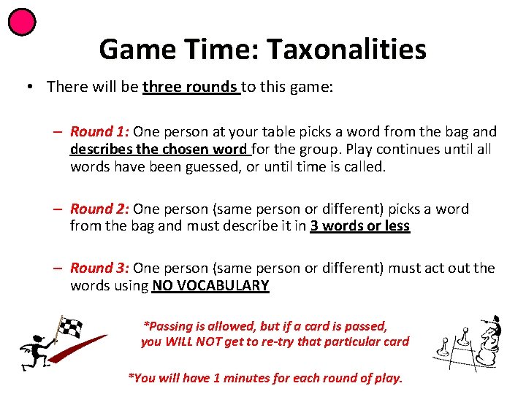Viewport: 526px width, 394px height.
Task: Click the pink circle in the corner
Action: tap(22, 22)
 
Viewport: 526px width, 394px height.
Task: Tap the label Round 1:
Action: tap(99, 132)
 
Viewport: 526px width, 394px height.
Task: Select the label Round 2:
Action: tap(99, 209)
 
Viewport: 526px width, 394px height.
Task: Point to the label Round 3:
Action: tap(99, 269)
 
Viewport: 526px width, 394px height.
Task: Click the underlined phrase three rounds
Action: tap(191, 88)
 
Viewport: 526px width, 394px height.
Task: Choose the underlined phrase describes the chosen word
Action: tap(159, 150)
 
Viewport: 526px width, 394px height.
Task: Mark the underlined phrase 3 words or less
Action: tap(360, 226)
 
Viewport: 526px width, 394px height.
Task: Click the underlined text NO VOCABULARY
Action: tap(210, 286)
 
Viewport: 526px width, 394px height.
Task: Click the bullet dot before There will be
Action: tap(28, 88)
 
